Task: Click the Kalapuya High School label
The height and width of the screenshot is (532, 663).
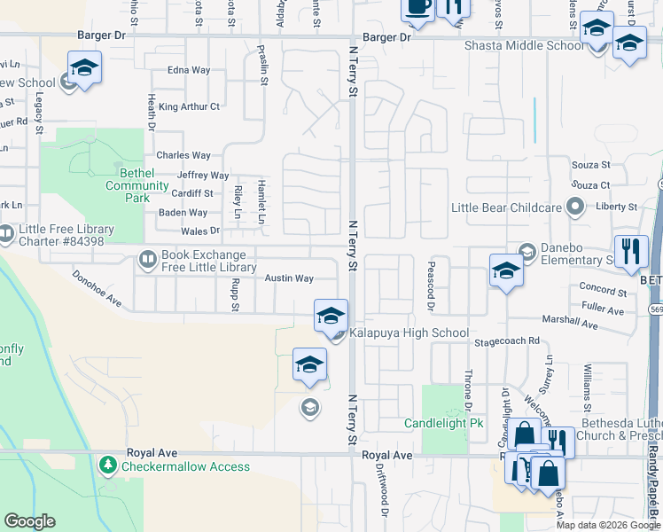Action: pyautogui.click(x=409, y=333)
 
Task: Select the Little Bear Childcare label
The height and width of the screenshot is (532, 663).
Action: pyautogui.click(x=507, y=207)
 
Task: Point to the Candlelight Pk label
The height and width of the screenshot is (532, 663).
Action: pyautogui.click(x=443, y=424)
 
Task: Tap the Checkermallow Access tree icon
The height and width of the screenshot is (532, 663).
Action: pyautogui.click(x=108, y=465)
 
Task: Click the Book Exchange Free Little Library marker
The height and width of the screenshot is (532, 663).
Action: pyautogui.click(x=148, y=261)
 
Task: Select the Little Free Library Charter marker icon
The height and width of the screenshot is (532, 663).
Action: pyautogui.click(x=6, y=234)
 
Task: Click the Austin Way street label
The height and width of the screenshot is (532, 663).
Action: pyautogui.click(x=290, y=278)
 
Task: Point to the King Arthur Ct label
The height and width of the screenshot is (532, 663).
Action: pyautogui.click(x=189, y=107)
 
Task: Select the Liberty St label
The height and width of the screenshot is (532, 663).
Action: pyautogui.click(x=616, y=207)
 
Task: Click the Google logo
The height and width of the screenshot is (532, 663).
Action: pyautogui.click(x=30, y=521)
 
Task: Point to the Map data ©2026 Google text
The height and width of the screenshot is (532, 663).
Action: pyautogui.click(x=608, y=525)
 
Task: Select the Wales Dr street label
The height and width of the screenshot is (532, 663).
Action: pyautogui.click(x=200, y=231)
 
